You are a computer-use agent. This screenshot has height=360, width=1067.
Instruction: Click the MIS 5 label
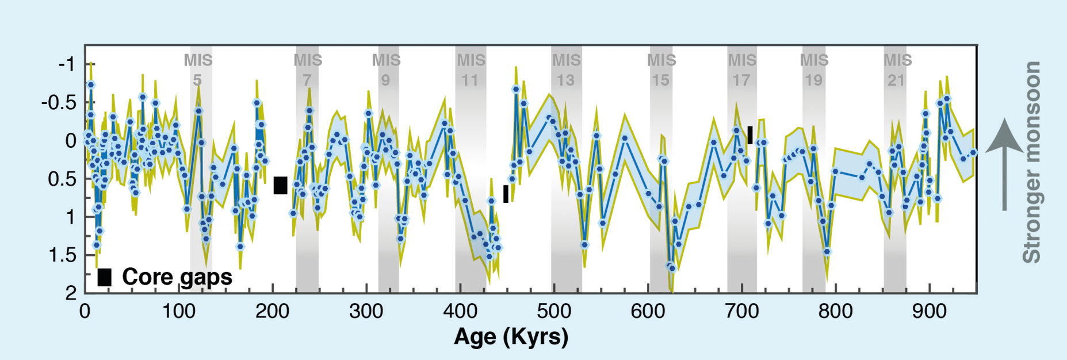pos(198,70)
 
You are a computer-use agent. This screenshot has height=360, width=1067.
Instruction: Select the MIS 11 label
pos(471,70)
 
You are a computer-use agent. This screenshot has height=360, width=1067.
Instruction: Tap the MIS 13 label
pos(567,70)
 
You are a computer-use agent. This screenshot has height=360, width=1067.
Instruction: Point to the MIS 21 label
pos(897,70)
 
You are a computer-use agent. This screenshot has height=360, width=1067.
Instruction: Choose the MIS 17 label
pos(742,70)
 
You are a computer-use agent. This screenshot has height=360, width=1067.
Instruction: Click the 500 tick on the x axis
pos(554,312)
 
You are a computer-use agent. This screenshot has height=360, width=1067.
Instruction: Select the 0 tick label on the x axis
pos(85,312)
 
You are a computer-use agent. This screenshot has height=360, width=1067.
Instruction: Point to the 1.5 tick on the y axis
pos(63,255)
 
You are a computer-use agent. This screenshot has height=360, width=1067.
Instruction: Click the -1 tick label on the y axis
pos(67,64)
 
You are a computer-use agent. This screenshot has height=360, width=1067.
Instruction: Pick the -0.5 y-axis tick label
pos(59,102)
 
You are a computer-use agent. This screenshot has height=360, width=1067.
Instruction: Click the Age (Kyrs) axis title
pos(511,336)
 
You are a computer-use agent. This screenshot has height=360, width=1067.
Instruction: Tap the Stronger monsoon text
pos(1032,162)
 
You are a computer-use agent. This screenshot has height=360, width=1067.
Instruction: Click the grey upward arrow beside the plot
pos(1004,164)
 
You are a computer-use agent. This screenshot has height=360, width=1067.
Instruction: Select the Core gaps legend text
pos(177,277)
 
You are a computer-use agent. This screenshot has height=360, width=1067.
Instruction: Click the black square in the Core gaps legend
pos(105,277)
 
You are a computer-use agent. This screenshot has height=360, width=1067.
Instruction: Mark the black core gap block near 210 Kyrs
pos(280,185)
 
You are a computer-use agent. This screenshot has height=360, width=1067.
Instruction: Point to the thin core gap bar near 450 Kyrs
pos(506,194)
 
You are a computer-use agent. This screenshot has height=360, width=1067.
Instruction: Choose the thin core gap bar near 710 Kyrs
pos(750,135)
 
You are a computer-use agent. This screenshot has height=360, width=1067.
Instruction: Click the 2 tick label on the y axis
pos(71,293)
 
